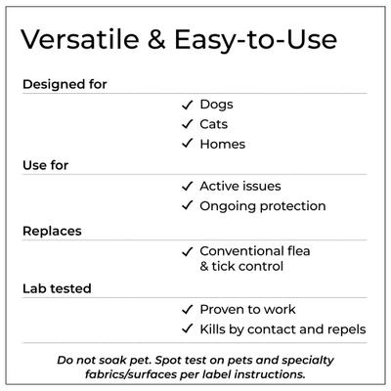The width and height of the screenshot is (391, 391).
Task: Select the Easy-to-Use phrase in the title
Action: coord(257,41)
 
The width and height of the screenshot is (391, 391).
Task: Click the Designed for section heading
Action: coord(65,84)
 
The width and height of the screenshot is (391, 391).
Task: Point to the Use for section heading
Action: coord(45,164)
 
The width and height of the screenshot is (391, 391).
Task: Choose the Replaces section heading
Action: coord(52,231)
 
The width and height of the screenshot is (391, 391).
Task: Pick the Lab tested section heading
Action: coord(57,288)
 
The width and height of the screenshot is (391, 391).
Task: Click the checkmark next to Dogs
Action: coord(187,104)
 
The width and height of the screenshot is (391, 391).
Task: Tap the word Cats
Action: coord(216,124)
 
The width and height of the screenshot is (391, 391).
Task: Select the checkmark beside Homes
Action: coord(187,144)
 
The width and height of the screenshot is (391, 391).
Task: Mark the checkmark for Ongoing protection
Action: coord(187,205)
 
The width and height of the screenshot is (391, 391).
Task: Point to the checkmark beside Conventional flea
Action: coord(187,249)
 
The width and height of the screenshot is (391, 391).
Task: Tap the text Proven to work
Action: coord(249,309)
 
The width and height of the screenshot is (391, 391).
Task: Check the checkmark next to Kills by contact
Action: coord(187,329)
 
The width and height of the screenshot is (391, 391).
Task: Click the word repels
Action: coord(346,329)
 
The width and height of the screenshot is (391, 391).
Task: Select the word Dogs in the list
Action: coord(216,104)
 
